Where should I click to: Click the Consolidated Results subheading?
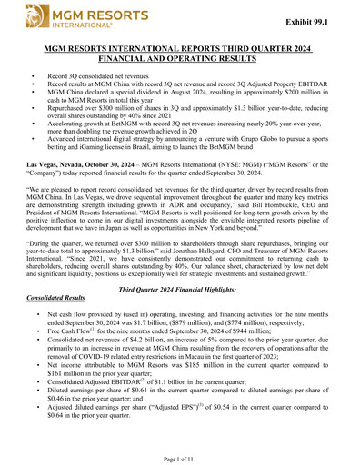tap(63, 295)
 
